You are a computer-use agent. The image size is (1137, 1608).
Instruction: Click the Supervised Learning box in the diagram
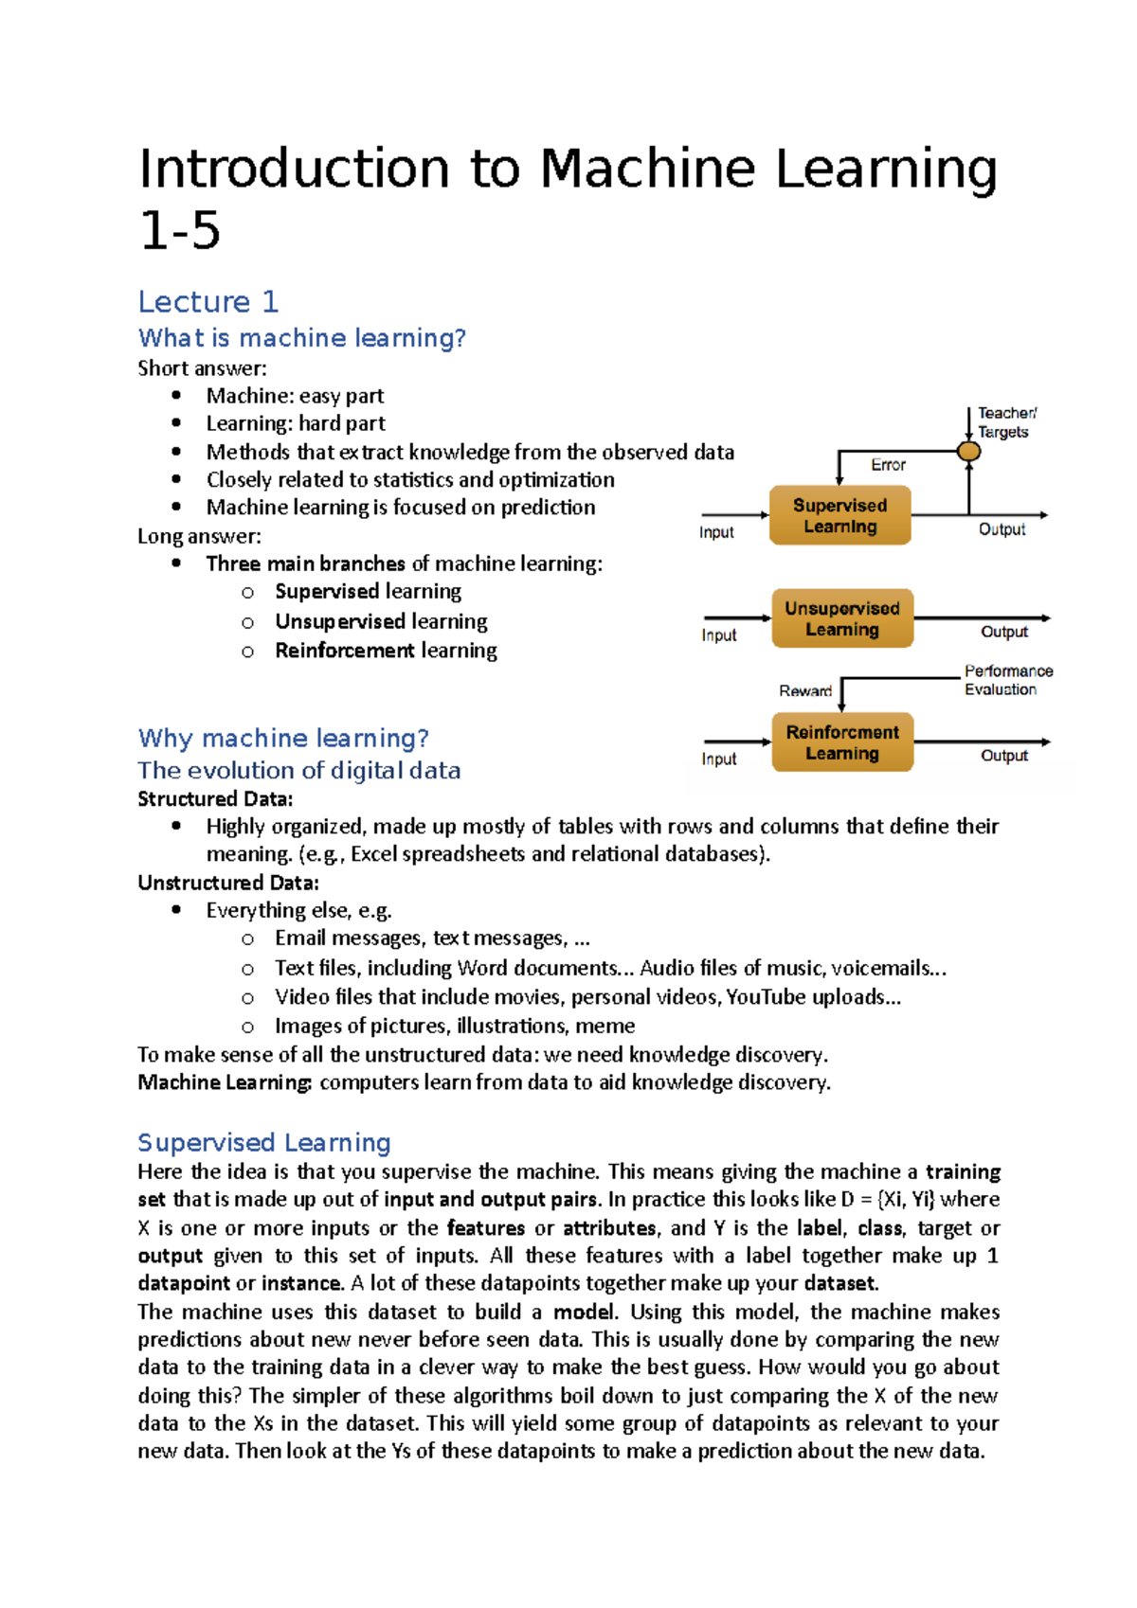pos(839,515)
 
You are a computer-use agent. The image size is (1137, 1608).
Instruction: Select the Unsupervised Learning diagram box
pos(842,618)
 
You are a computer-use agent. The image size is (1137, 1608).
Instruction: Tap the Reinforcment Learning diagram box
pos(842,742)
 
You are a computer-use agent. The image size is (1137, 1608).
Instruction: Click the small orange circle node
pos(968,452)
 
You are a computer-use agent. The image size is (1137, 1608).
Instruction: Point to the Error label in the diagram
pos(888,465)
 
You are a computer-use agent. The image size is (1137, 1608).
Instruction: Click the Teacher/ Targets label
pos(1005,422)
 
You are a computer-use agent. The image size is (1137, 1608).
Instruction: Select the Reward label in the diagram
pos(805,691)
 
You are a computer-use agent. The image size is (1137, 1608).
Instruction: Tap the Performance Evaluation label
pos(1008,680)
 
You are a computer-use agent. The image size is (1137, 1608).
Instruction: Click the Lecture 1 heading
pos(208,302)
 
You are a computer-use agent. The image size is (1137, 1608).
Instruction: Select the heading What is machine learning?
pos(301,338)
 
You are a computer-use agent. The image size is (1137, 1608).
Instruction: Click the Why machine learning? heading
pos(283,738)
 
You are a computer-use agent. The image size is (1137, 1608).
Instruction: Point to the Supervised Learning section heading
pos(264,1142)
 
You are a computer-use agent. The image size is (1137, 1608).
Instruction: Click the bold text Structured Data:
pos(215,799)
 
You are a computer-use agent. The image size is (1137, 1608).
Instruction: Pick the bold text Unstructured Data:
pos(228,883)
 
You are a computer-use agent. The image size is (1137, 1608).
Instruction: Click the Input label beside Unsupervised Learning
pos(719,635)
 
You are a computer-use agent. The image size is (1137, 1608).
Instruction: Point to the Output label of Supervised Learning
pos(1002,529)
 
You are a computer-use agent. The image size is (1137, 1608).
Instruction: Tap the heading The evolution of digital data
pos(298,770)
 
